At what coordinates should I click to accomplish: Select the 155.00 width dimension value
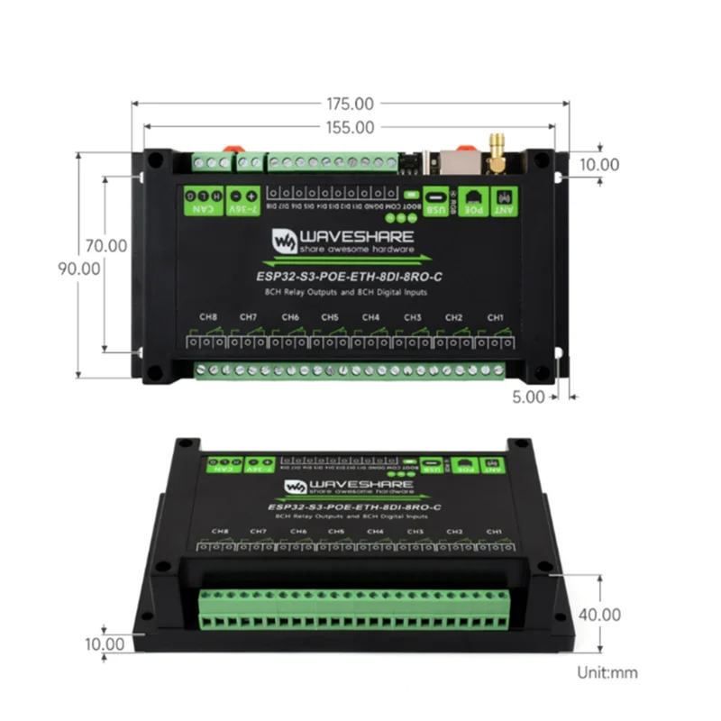351,128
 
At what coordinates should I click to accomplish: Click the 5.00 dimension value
529,395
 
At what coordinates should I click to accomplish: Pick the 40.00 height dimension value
598,615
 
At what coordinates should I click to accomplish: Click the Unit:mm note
607,672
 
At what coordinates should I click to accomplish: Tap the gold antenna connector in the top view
496,151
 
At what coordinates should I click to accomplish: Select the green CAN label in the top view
203,199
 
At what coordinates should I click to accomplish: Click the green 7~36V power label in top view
241,199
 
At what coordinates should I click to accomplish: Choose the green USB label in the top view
435,199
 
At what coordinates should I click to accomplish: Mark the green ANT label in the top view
504,199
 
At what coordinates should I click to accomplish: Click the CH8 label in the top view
208,318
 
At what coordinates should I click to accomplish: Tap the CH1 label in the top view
495,318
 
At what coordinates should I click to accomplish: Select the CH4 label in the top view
371,318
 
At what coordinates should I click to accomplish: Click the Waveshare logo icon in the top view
286,240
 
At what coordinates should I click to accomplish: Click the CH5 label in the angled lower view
336,533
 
